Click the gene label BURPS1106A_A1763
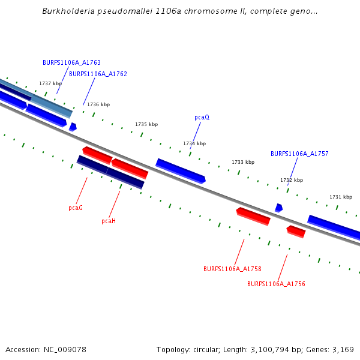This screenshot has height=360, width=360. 71,62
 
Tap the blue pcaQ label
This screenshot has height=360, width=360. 202,117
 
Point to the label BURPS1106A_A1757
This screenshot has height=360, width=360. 299,154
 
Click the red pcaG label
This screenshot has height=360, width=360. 76,208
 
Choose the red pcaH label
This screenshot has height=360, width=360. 109,221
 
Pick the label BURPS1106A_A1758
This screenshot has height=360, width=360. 232,269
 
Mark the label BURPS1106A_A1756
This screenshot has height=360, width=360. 276,283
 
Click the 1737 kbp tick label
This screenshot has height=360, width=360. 50,83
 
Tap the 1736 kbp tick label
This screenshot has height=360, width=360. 98,104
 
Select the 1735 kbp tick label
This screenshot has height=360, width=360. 146,124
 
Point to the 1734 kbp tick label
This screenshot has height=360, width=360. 194,143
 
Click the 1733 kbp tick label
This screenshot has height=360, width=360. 243,162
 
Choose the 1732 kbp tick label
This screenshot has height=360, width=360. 292,180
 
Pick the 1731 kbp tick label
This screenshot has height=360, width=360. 341,197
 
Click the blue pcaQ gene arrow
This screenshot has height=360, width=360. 181,171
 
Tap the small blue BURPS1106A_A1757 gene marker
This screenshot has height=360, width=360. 278,208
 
